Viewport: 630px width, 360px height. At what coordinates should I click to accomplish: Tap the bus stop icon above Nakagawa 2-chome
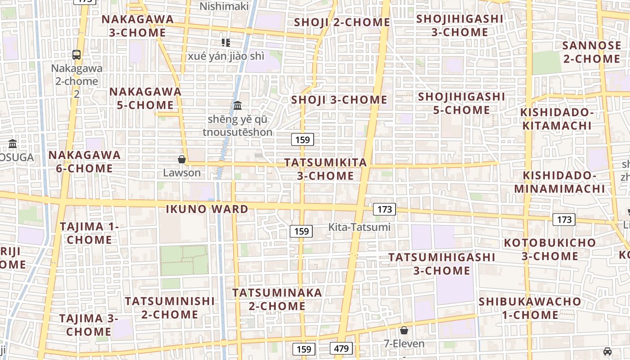[76, 55]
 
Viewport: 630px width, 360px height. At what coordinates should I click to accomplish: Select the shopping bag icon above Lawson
[182, 159]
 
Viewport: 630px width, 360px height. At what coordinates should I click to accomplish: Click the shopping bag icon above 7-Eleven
[404, 330]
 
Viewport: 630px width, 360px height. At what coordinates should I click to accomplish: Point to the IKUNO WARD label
[207, 209]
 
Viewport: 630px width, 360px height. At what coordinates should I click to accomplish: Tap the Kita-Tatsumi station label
[360, 227]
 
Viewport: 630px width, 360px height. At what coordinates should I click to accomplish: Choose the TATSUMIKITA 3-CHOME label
[326, 169]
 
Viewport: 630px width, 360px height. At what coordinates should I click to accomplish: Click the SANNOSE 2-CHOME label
[591, 52]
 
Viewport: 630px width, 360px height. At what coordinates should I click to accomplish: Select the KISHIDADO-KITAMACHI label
[557, 119]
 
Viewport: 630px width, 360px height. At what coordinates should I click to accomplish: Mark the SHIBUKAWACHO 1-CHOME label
[530, 308]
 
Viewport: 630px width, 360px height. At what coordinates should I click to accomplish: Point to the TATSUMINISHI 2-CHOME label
[170, 307]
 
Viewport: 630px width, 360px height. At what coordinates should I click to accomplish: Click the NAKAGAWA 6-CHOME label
[85, 162]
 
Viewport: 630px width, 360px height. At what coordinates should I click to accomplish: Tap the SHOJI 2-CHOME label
[342, 22]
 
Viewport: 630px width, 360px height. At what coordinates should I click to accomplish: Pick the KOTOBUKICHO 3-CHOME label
[550, 249]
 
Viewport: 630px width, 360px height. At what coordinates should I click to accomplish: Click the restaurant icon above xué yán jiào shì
[225, 43]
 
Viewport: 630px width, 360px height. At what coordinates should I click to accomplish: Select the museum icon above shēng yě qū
[238, 106]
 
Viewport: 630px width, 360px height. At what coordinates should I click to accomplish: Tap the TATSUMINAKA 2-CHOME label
[277, 299]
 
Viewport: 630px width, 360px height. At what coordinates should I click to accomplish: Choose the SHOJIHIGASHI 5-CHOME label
[462, 103]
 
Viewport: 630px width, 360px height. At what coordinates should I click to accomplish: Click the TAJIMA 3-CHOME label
[89, 325]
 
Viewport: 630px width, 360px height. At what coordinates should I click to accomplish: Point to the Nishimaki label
[224, 6]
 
